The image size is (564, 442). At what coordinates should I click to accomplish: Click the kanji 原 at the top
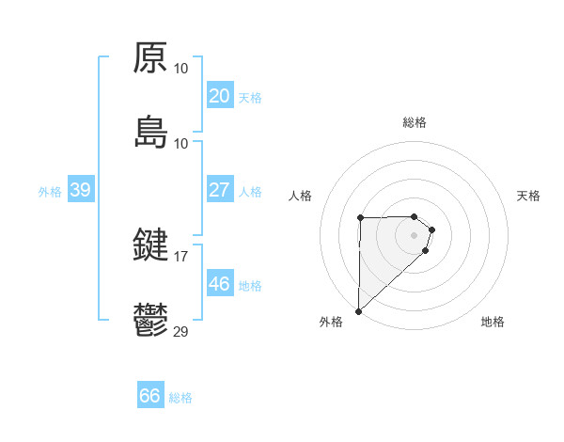point(150,58)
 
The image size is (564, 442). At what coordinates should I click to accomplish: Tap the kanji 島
point(150,133)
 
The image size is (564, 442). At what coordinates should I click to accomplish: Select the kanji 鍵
point(150,246)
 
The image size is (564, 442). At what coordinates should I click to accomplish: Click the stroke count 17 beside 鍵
point(180,256)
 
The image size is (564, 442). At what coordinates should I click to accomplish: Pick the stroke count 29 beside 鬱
point(180,331)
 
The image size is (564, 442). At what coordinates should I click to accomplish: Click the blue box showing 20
point(219,96)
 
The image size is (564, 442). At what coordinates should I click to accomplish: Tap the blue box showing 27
point(219,190)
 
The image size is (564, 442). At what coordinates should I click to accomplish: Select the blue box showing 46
point(219,284)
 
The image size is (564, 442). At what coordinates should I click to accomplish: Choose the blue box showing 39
point(80,190)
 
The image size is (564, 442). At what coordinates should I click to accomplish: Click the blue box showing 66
point(149,396)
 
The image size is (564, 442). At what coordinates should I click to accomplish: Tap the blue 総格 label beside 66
point(180,398)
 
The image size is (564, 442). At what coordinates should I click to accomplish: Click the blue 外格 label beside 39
point(50,191)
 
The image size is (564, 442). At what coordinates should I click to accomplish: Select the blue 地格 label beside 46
point(250,285)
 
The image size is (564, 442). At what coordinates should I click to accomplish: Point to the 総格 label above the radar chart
point(415,122)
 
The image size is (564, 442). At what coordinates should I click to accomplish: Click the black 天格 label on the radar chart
point(529,196)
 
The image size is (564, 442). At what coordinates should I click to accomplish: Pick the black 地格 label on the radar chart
point(493,323)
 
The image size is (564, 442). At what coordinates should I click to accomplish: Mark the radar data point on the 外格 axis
point(358,311)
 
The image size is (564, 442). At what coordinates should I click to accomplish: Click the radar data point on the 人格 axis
point(360,217)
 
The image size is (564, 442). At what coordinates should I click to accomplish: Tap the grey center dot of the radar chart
point(415,235)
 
